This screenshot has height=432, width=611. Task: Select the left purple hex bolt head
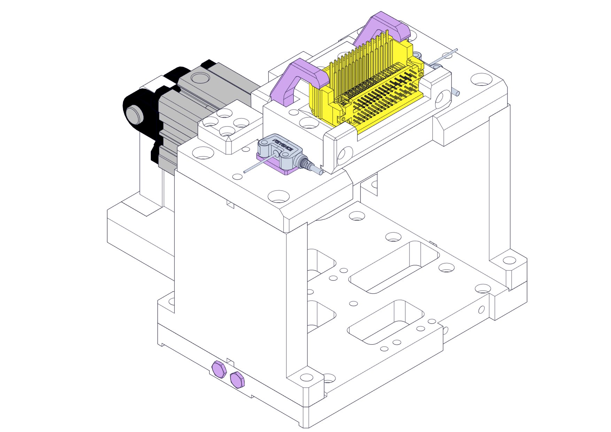(219, 369)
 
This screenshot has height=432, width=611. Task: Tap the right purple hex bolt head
(237, 379)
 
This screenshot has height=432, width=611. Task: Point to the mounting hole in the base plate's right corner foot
(509, 260)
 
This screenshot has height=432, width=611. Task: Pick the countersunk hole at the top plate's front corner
(279, 196)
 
